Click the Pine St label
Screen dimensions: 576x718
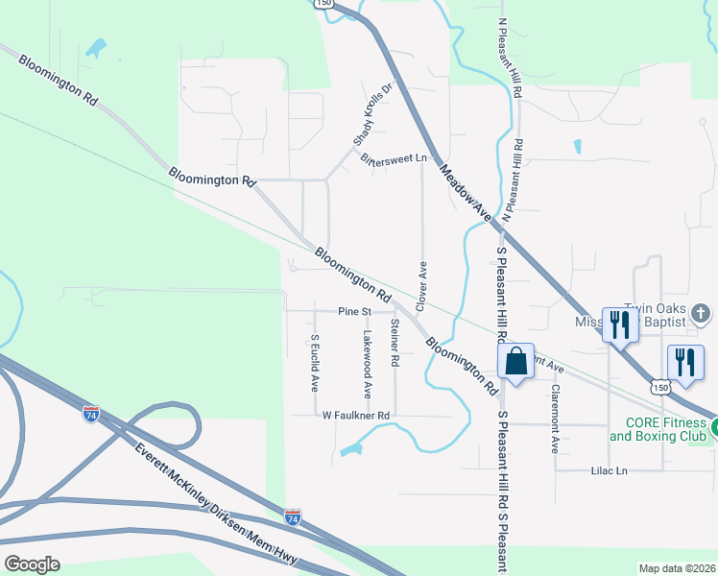pos(354,312)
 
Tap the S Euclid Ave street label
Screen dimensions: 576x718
pos(314,363)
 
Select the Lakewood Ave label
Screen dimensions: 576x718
pos(367,365)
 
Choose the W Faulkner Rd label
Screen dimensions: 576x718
pos(356,416)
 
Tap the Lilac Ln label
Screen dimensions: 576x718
pos(607,470)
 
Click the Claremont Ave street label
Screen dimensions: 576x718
pos(555,419)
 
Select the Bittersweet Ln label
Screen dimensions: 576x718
pos(393,158)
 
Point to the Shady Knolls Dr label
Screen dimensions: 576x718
pos(373,113)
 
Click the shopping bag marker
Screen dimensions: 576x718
pos(515,362)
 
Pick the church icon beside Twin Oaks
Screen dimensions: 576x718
pos(702,313)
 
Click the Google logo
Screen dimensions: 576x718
pos(32,564)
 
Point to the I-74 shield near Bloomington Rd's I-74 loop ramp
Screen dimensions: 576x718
pos(90,414)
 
